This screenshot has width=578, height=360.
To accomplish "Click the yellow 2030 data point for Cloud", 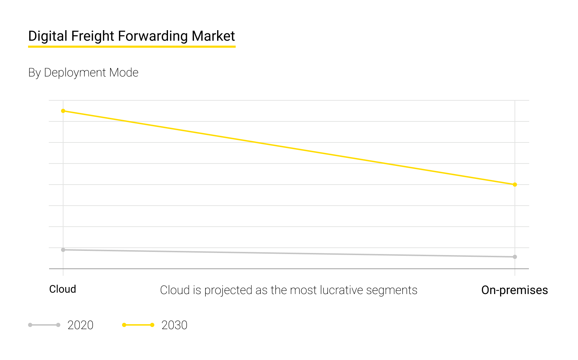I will (x=63, y=111).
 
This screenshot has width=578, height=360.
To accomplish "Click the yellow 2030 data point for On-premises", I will (x=515, y=185).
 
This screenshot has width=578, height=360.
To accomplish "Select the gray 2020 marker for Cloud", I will (x=63, y=250).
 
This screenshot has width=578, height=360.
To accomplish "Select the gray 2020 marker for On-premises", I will (x=515, y=257).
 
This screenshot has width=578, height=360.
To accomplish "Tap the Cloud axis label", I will (x=62, y=289).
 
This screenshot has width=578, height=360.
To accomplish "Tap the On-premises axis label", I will (x=514, y=290).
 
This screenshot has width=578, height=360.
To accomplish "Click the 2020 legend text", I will (x=80, y=325).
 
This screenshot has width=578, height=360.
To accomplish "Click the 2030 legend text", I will (x=174, y=325).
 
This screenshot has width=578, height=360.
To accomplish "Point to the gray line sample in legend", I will (x=44, y=325).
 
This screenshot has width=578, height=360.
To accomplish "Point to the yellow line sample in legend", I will (x=138, y=325).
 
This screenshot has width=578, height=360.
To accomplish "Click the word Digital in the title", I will (x=48, y=36).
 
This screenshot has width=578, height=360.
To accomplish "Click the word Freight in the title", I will (x=93, y=36).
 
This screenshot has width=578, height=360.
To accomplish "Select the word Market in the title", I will (x=213, y=36).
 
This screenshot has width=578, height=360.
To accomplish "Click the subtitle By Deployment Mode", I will (x=83, y=73).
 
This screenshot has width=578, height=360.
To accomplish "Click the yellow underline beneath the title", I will (x=132, y=46).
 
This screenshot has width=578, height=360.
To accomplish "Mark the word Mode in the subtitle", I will (x=124, y=73).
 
